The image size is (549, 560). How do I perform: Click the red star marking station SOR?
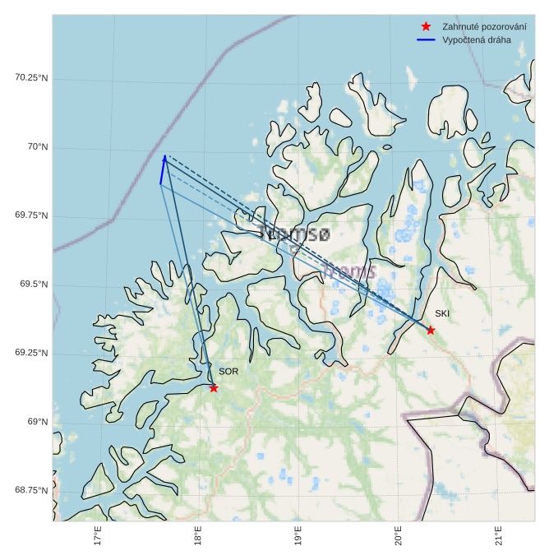[214, 387]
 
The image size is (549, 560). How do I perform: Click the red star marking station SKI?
[431, 330]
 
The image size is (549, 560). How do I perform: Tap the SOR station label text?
[228, 372]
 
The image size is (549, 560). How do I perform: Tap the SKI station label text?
[442, 313]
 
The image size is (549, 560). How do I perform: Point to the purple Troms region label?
[349, 271]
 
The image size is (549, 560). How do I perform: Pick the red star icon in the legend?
[425, 26]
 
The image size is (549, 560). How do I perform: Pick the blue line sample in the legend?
[425, 39]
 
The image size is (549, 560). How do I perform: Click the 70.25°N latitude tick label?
[32, 77]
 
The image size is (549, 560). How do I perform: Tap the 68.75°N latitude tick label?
[32, 490]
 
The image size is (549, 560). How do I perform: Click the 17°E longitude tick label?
[98, 536]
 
